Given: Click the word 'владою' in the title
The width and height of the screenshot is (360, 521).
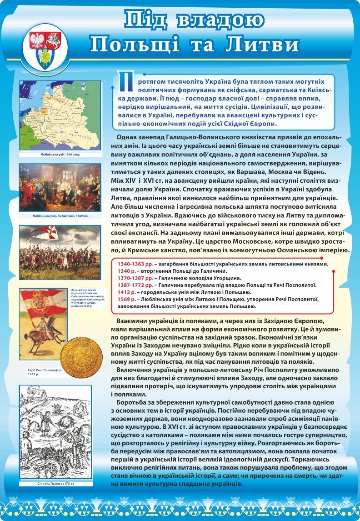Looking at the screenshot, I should point(220,20).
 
